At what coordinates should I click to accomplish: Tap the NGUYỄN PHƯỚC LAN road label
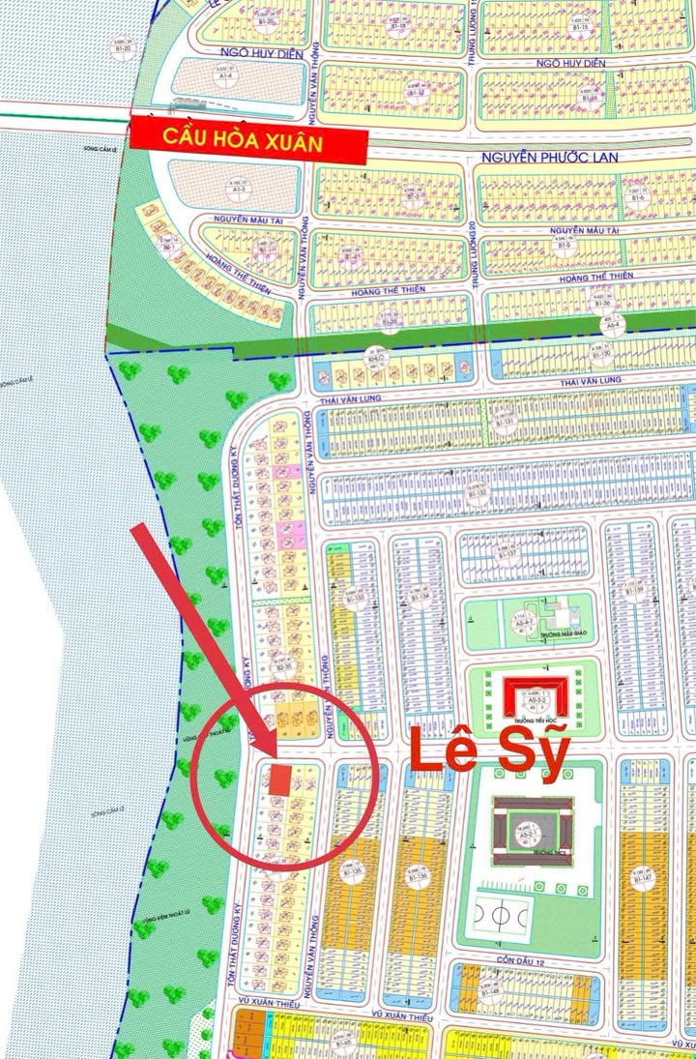click(543, 154)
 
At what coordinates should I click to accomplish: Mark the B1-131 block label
click(504, 423)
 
